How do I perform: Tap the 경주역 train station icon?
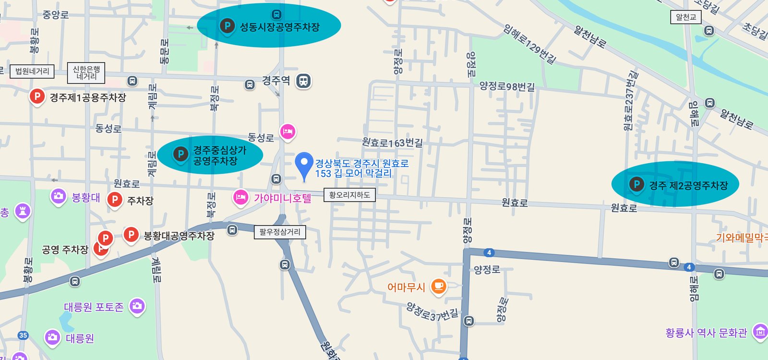point(303,81)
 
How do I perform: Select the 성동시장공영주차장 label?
point(279,27)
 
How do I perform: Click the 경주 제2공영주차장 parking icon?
point(636,184)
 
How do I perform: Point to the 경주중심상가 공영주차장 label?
point(219,156)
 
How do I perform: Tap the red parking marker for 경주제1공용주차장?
point(37,97)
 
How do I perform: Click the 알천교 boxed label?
point(686,17)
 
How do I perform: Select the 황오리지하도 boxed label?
point(349,195)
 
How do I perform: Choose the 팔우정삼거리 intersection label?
point(280,232)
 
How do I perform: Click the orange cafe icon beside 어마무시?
point(438,287)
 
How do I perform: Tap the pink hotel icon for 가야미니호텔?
point(240,197)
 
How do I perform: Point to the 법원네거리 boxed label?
point(32,72)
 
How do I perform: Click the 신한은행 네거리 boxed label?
point(86,73)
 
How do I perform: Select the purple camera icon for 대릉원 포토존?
point(137,306)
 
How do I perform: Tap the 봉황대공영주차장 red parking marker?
point(131,235)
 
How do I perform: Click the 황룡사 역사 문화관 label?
point(706,333)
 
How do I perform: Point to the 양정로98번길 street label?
point(507,86)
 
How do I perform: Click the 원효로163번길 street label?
point(392,143)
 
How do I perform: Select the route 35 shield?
point(23,336)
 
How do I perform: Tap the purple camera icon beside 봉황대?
point(59,196)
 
